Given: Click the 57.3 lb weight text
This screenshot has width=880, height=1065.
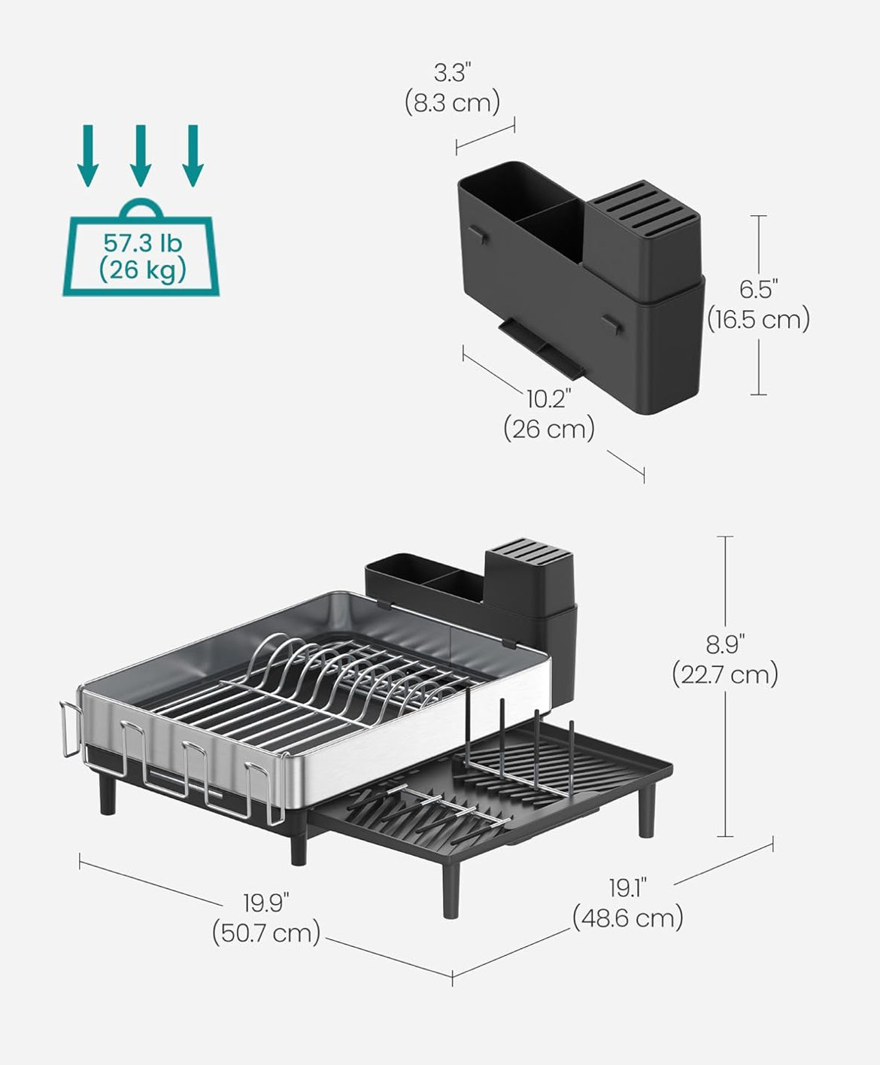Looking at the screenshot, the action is [143, 243].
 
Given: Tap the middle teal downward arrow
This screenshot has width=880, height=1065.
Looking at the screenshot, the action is [141, 156].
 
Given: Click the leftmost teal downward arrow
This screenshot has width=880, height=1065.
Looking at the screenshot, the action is [88, 156].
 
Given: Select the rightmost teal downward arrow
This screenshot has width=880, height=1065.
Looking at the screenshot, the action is [193, 156].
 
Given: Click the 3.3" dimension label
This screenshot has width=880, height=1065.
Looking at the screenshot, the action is [453, 73].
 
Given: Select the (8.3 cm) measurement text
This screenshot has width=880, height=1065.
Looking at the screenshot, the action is [453, 103].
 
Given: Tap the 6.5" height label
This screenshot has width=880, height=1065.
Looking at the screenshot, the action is [759, 290].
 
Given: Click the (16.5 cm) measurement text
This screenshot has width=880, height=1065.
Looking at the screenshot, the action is [759, 320].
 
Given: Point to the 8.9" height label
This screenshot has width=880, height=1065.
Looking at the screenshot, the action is [726, 645].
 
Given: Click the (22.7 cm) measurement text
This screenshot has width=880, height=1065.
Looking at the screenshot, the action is [726, 675].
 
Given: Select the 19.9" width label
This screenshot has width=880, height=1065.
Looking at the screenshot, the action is [266, 903].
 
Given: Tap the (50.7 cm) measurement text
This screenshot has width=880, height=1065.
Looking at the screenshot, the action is [266, 933].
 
